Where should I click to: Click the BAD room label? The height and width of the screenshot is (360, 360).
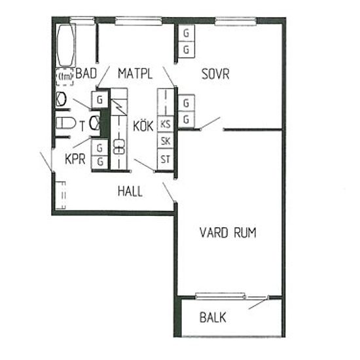[x=86, y=73]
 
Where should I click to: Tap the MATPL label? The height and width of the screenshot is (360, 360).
[x=135, y=74]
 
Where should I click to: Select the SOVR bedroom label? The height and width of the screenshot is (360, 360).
[x=215, y=74]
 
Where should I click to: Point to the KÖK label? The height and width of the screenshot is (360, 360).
[x=143, y=126]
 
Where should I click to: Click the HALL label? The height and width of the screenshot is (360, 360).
[x=130, y=191]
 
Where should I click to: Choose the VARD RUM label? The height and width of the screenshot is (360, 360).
[x=228, y=232]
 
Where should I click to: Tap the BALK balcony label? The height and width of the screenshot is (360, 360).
[x=213, y=317]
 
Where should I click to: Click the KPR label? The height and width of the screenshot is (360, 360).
[x=75, y=159]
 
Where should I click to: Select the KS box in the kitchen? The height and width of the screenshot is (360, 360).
[x=166, y=124]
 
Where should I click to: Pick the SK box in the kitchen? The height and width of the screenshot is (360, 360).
[x=166, y=141]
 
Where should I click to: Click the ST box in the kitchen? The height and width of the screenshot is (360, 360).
[x=166, y=159]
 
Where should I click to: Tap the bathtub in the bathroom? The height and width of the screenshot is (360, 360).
[x=66, y=45]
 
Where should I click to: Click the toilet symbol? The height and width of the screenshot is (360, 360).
[x=65, y=123]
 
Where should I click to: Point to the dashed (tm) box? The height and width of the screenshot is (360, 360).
[x=65, y=77]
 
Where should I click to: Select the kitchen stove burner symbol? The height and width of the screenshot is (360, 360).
[x=119, y=147]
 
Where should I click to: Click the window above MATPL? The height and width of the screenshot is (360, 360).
[x=138, y=21]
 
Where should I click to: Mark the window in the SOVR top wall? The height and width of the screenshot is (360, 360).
[x=236, y=21]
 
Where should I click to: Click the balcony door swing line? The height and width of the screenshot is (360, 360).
[x=259, y=303]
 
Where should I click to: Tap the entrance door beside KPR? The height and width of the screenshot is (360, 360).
[x=46, y=162]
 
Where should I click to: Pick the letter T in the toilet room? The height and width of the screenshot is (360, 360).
[x=82, y=126]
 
